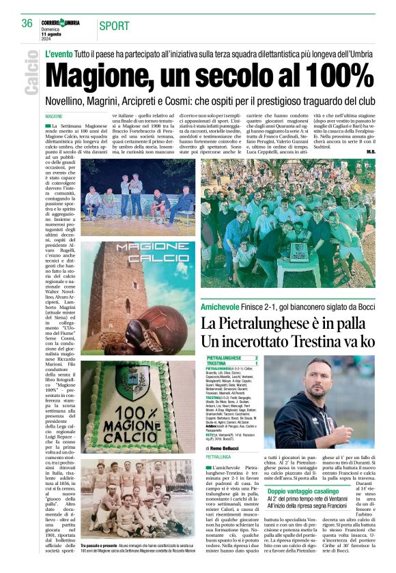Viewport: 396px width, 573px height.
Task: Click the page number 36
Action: pyautogui.click(x=27, y=23)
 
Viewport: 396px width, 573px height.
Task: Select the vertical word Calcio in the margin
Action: pyautogui.click(x=31, y=72)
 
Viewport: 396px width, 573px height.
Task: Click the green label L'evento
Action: pyautogui.click(x=59, y=54)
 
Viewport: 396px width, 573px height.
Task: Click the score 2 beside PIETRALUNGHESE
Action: pyautogui.click(x=256, y=357)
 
